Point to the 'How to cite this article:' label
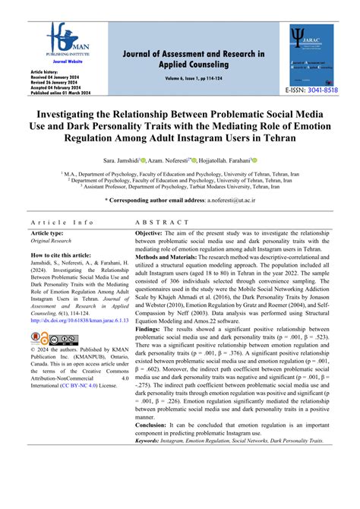tap(62, 256)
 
